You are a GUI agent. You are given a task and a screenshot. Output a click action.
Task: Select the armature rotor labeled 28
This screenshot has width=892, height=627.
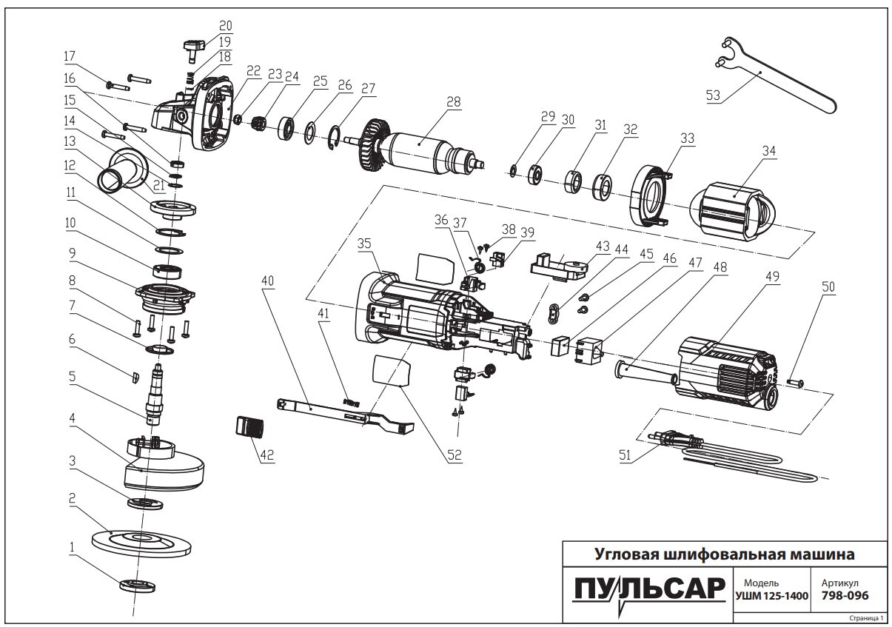pos(418,147)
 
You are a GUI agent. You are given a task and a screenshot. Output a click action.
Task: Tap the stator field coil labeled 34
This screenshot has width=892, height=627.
pos(732,211)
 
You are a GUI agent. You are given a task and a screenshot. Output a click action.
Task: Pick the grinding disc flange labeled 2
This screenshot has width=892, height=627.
pos(141,540)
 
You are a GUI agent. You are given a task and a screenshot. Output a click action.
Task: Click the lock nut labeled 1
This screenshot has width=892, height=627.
pos(137,586)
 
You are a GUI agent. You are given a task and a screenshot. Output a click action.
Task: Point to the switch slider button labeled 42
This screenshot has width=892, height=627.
pos(249,426)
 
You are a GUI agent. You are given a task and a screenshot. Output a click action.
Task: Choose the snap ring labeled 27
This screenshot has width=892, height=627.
pos(335,138)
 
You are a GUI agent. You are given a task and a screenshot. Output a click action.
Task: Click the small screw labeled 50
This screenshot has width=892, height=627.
pos(795,383)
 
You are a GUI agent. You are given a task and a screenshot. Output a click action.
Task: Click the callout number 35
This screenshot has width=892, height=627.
pos(364,244)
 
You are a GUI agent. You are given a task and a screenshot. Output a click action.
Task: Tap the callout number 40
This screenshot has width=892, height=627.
pos(268,281)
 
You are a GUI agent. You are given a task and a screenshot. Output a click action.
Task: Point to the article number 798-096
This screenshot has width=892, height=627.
pos(845,596)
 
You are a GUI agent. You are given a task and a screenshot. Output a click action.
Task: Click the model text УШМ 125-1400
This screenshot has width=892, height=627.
pos(772,596)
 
